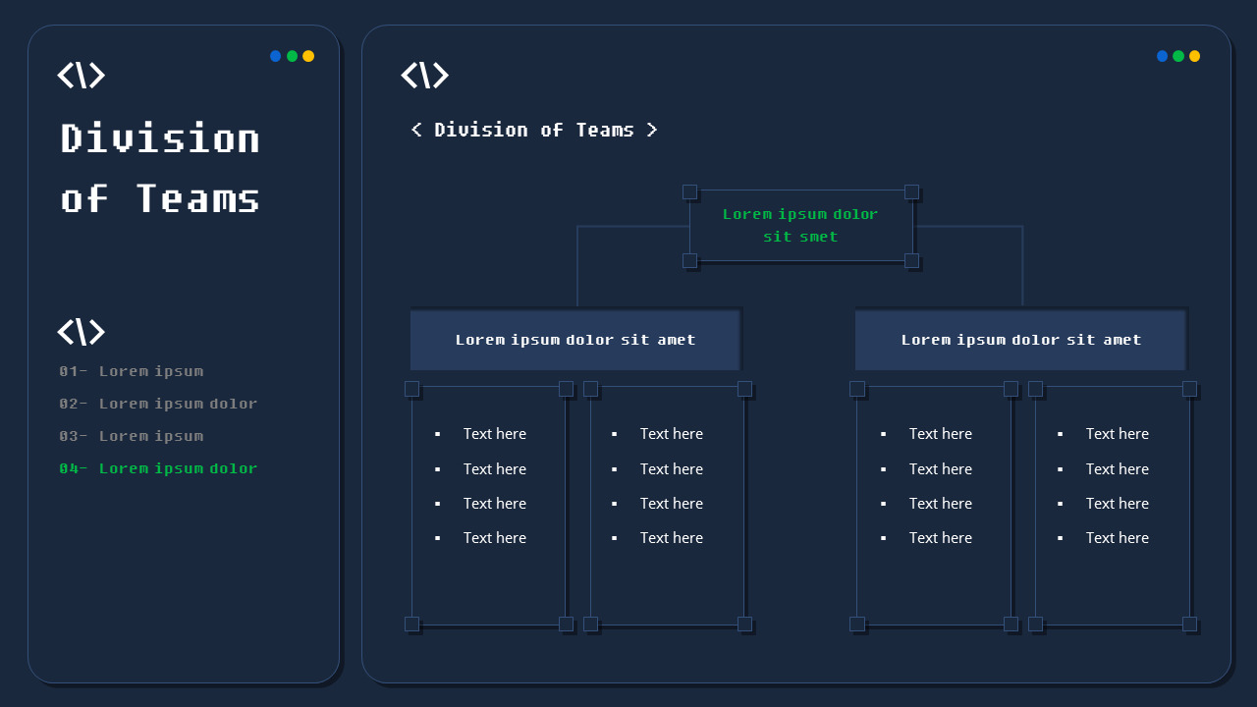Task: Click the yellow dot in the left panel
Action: click(x=308, y=56)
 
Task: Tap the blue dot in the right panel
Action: click(x=1163, y=56)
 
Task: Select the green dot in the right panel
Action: click(x=1178, y=56)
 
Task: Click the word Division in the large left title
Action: click(x=160, y=138)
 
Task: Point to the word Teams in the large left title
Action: click(x=197, y=198)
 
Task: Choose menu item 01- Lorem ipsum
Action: click(x=132, y=371)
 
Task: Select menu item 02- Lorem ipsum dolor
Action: click(x=158, y=404)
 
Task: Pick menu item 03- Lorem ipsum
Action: click(x=132, y=436)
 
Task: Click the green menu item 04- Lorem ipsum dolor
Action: click(x=158, y=468)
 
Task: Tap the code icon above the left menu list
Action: click(x=81, y=332)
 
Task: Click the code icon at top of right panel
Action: click(x=424, y=76)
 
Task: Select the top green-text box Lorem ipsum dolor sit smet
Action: click(x=800, y=225)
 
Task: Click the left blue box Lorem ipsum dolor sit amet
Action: click(x=574, y=340)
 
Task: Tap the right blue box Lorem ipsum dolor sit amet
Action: click(x=1020, y=340)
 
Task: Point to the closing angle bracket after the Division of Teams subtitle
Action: click(x=651, y=130)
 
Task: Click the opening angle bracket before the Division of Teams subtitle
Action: click(x=416, y=130)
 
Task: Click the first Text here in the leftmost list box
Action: click(x=494, y=434)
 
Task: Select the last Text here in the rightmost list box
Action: click(x=1117, y=538)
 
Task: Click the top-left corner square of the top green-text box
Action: click(x=689, y=191)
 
